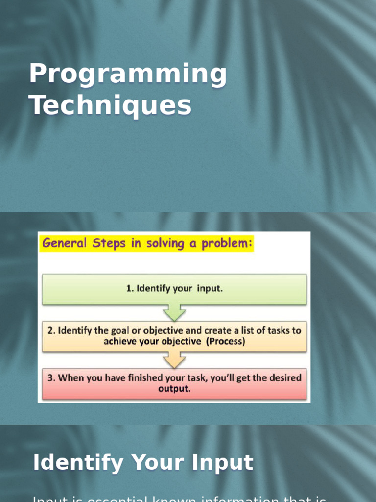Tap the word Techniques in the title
tap(110, 105)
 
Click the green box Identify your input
tap(174, 289)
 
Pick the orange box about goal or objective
tap(174, 336)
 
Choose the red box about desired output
tap(174, 383)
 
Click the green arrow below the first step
tap(174, 312)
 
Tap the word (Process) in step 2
tap(225, 342)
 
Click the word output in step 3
tap(174, 389)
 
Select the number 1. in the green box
tap(130, 289)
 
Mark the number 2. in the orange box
tap(51, 331)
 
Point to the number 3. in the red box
tap(51, 378)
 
